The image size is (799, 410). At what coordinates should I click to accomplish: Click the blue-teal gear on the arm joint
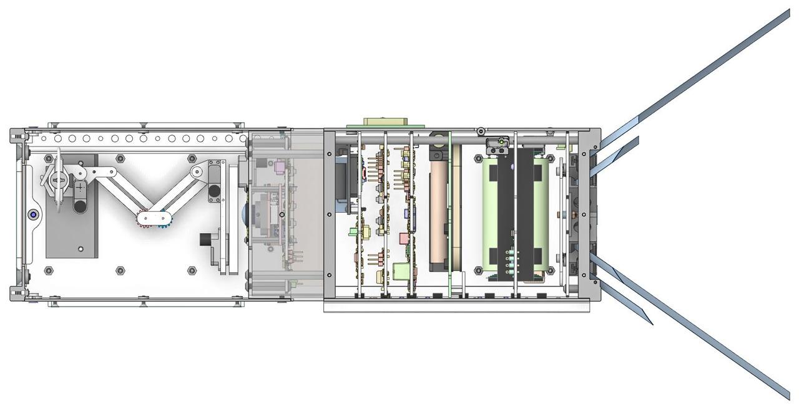click(164, 219)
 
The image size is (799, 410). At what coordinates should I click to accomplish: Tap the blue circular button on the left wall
click(32, 215)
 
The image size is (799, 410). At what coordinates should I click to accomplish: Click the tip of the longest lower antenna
click(788, 395)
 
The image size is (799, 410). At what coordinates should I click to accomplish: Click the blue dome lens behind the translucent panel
click(245, 215)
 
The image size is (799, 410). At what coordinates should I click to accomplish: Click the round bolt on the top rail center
click(480, 131)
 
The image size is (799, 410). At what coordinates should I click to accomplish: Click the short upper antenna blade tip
click(637, 139)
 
